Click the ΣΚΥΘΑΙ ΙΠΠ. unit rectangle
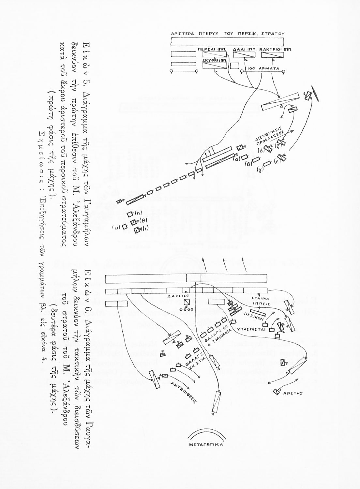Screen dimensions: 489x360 tap(214, 66)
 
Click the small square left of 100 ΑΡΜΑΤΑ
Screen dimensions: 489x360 tap(234, 65)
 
